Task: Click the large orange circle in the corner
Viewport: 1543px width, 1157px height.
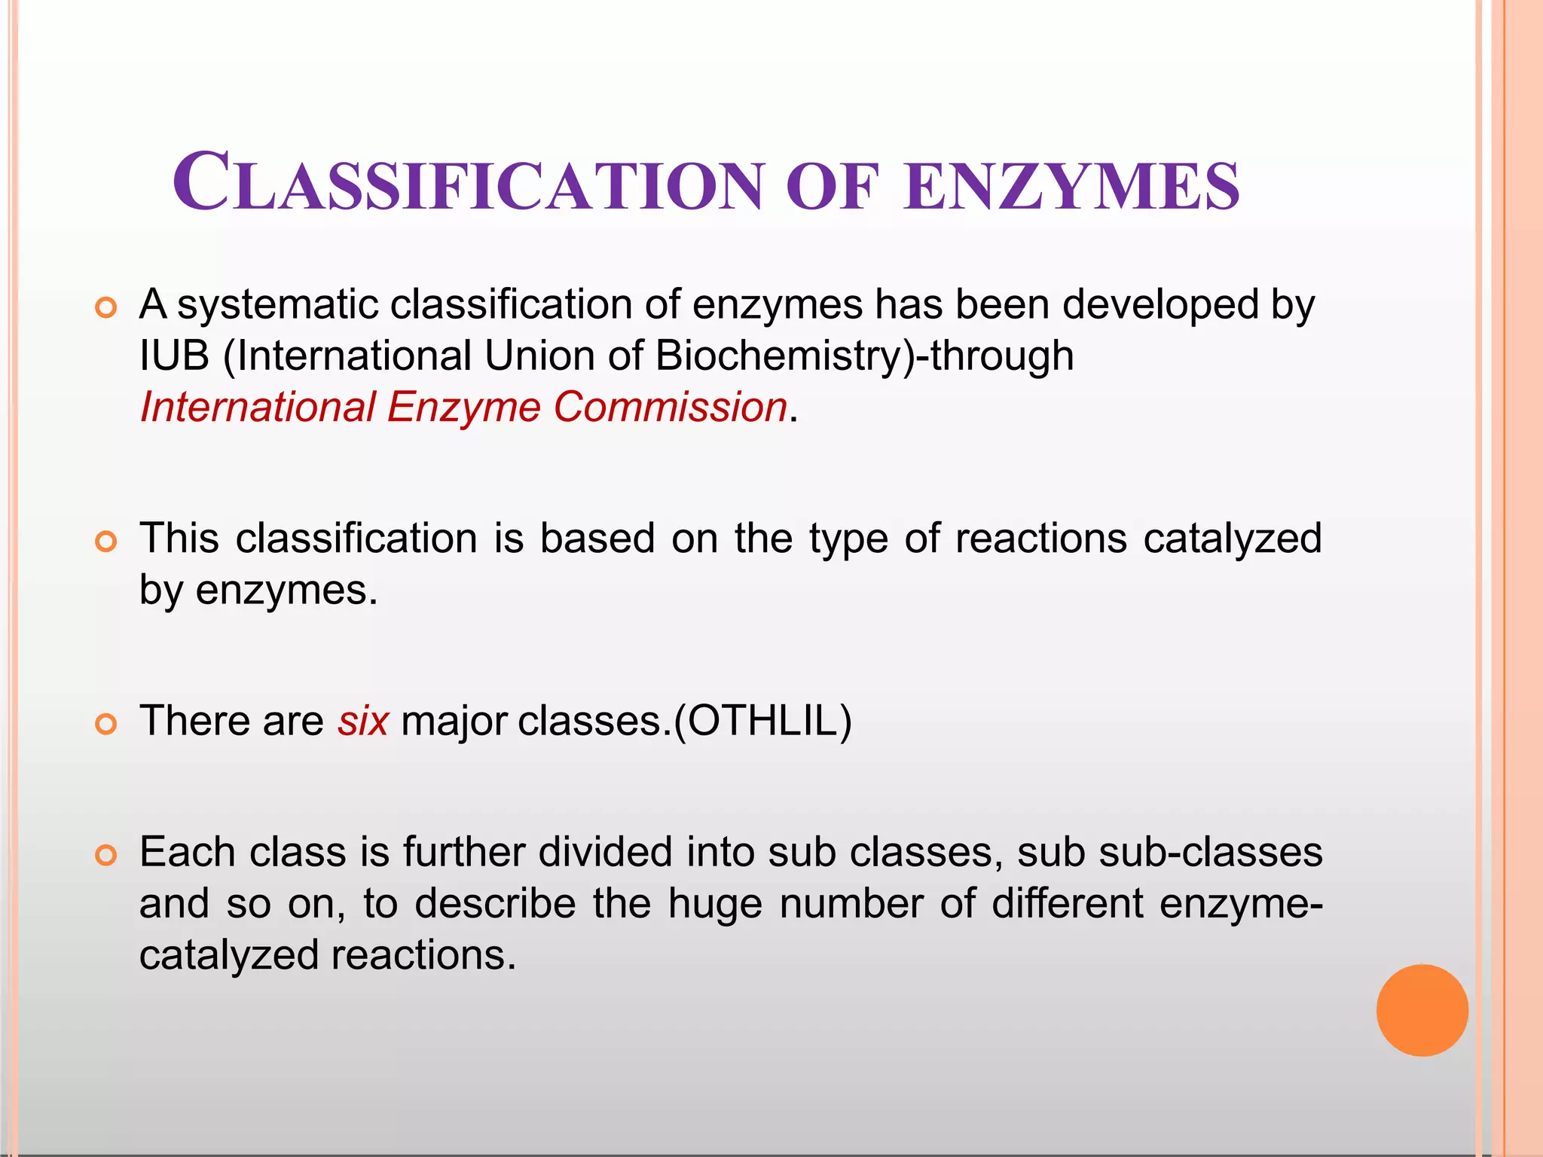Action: click(x=1422, y=1010)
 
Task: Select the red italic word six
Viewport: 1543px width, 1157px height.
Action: click(x=363, y=721)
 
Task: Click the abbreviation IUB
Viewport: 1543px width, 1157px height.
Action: click(x=174, y=356)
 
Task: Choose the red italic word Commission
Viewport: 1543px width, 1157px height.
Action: click(x=671, y=407)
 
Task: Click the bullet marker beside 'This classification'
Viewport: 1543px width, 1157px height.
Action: click(x=106, y=542)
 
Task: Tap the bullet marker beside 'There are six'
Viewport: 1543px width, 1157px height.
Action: click(x=106, y=725)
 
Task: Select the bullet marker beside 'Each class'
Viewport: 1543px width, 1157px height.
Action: click(x=106, y=856)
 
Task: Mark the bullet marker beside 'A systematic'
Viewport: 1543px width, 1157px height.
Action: click(x=106, y=308)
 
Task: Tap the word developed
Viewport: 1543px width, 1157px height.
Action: click(x=1160, y=305)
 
